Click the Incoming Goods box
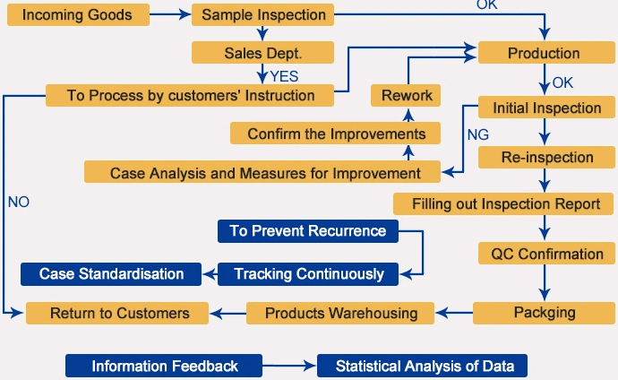click(76, 15)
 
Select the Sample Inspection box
click(263, 15)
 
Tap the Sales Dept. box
click(263, 53)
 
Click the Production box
click(544, 53)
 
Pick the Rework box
click(407, 95)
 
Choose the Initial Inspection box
click(546, 108)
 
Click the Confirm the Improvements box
click(336, 134)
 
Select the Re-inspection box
click(547, 158)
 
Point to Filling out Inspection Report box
click(506, 203)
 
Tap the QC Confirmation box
click(547, 254)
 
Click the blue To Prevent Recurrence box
click(307, 231)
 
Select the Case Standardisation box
click(111, 273)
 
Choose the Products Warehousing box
click(340, 313)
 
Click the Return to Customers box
click(119, 313)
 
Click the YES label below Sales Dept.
click(284, 76)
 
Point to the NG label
click(477, 134)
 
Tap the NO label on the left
click(19, 202)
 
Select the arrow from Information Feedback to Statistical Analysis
click(289, 366)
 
